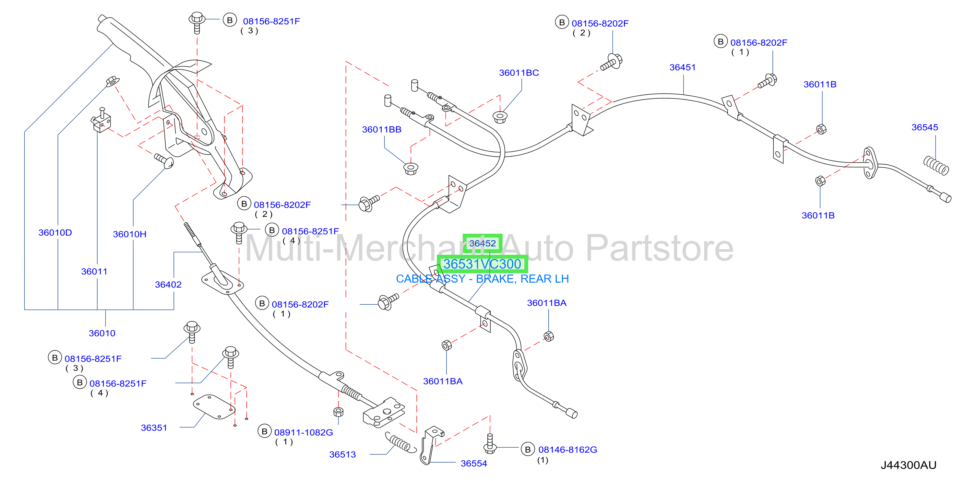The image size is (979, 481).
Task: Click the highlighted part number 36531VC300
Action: coord(482,264)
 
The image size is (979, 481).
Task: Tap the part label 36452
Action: coord(482,243)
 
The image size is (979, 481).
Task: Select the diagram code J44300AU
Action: coord(908,465)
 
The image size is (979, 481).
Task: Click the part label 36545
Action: coord(924,127)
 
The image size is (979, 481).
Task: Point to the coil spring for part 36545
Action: coord(936,166)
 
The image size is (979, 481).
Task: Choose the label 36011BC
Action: coord(519,73)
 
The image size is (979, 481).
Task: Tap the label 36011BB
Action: coord(382,130)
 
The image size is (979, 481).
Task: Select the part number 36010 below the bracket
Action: coord(102,333)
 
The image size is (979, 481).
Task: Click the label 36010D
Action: coord(55,232)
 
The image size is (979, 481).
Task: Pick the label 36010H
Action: coord(130,234)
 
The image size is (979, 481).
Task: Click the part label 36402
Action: coord(168,285)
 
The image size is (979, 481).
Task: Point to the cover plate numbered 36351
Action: coord(214,406)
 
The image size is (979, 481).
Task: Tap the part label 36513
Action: coord(342,454)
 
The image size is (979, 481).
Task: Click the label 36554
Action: coord(473,463)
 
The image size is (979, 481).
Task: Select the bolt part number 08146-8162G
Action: coord(567,450)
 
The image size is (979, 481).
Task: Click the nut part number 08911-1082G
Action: coord(303,432)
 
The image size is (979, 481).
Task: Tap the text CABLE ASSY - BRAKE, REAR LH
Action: coord(482,279)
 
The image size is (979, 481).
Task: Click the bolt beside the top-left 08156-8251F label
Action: coord(197,22)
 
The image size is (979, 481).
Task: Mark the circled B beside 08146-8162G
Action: coord(528,450)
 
